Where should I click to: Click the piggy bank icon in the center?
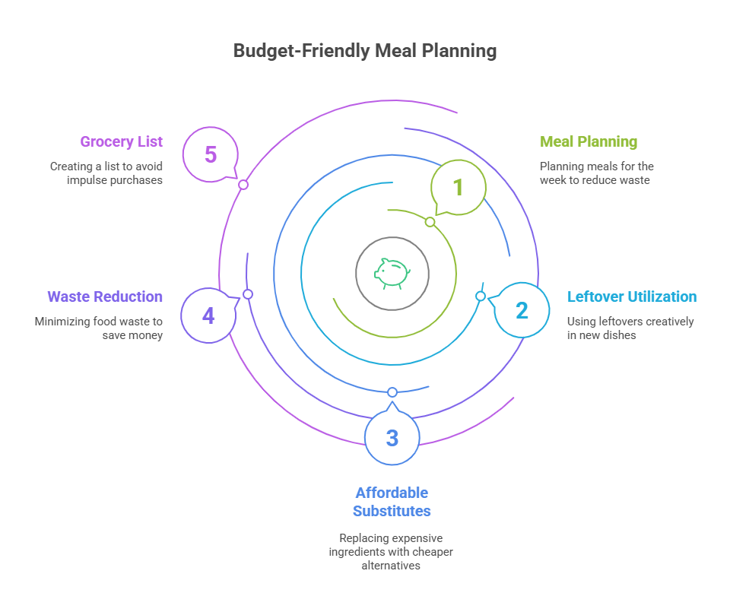point(392,273)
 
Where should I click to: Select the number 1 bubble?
point(459,187)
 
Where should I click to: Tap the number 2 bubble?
point(522,309)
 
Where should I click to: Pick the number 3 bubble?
point(392,438)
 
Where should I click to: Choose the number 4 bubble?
point(208,315)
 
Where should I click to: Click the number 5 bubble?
point(211,154)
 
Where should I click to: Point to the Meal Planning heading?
point(589,141)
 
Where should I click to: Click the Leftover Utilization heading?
point(631,296)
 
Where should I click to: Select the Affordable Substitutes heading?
point(392,502)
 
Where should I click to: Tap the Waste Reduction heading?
point(105,296)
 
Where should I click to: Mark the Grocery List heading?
point(122,141)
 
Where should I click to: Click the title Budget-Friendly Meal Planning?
point(364,51)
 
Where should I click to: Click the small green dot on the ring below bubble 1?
point(430,222)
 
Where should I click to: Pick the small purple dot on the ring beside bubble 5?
point(243,185)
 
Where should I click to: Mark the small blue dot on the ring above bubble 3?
point(392,392)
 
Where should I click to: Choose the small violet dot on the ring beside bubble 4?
point(247,294)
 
